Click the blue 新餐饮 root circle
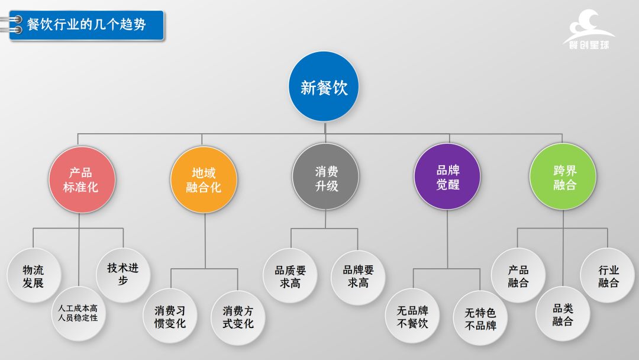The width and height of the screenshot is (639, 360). (324, 88)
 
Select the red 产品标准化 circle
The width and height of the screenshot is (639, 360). (80, 180)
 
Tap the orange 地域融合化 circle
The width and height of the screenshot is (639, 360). (204, 180)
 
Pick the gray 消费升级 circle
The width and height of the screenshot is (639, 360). (326, 178)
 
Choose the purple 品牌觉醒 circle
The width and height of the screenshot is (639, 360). (448, 177)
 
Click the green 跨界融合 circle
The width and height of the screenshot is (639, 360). (563, 177)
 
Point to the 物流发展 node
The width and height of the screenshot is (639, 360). (33, 275)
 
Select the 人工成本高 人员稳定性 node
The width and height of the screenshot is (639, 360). (79, 313)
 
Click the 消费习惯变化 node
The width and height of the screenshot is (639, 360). (170, 316)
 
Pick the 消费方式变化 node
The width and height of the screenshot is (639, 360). (238, 316)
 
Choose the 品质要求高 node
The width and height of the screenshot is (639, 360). (291, 276)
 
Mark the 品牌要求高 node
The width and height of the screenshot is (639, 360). (358, 276)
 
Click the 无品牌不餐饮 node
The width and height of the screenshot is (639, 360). (412, 316)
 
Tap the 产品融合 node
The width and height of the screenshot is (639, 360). (518, 275)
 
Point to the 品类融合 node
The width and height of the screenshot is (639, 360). (563, 314)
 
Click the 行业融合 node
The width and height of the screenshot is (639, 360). (608, 275)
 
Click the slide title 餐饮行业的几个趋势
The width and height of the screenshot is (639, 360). (87, 25)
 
